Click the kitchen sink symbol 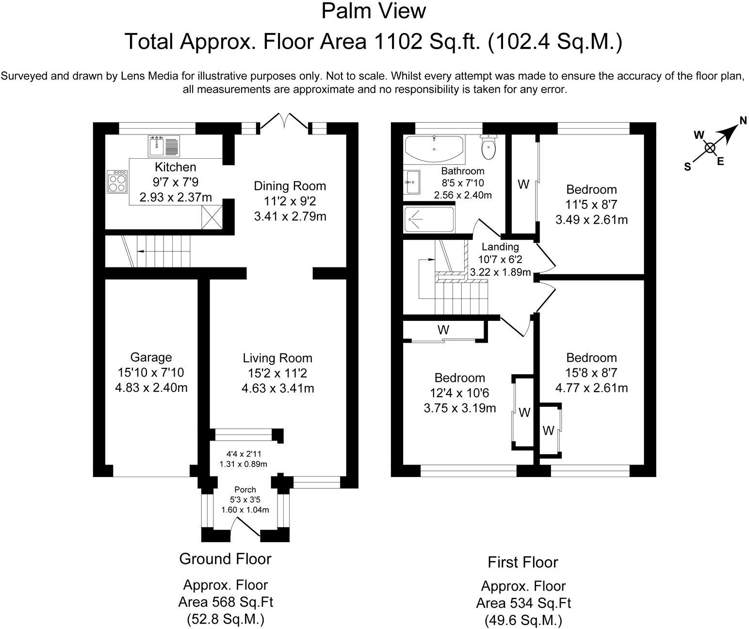[x=164, y=147]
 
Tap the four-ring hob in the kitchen [x=117, y=182]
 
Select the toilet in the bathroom [x=488, y=147]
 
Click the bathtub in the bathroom [x=434, y=149]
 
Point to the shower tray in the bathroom [x=429, y=220]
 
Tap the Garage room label [x=151, y=357]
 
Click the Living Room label [x=277, y=358]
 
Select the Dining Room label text [x=290, y=186]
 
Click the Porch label [x=245, y=490]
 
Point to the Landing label [x=500, y=247]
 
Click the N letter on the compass [x=743, y=121]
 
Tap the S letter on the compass [x=687, y=167]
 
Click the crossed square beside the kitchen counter [x=212, y=217]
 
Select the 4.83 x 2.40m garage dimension [x=151, y=388]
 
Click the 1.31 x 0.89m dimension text [x=243, y=464]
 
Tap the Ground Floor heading [x=225, y=559]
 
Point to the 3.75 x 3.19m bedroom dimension [x=460, y=408]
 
